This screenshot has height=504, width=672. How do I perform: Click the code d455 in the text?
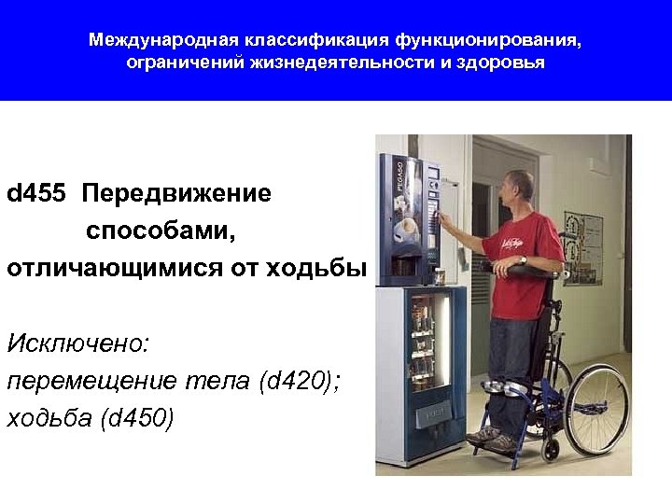pyautogui.click(x=36, y=194)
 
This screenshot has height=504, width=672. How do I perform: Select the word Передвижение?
pyautogui.click(x=176, y=194)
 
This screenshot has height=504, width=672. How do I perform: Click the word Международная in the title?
pyautogui.click(x=164, y=41)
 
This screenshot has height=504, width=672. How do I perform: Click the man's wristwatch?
pyautogui.click(x=524, y=259)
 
